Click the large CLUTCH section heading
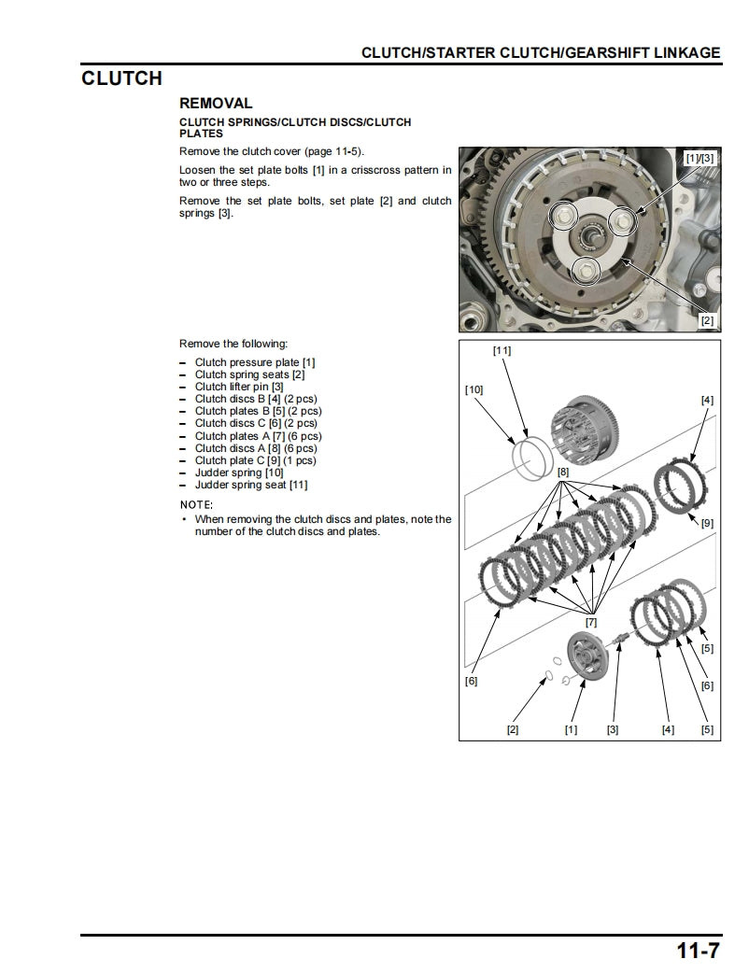pyautogui.click(x=121, y=78)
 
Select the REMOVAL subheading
pyautogui.click(x=216, y=104)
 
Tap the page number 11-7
pyautogui.click(x=698, y=952)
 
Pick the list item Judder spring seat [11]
pyautogui.click(x=250, y=485)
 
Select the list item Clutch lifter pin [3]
pyautogui.click(x=238, y=387)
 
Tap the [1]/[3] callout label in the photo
pyautogui.click(x=699, y=159)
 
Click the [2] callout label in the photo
pyautogui.click(x=707, y=320)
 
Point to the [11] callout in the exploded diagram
pyautogui.click(x=502, y=351)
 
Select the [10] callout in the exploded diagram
pyautogui.click(x=473, y=390)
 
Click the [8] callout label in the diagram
pyautogui.click(x=563, y=472)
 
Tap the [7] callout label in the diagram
pyautogui.click(x=590, y=622)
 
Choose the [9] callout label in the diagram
pyautogui.click(x=707, y=523)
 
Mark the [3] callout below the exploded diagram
pyautogui.click(x=612, y=729)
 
